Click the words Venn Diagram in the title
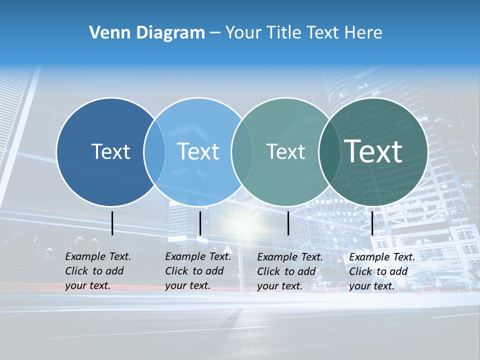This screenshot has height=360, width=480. tap(147, 33)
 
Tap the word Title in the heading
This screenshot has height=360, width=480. tap(283, 33)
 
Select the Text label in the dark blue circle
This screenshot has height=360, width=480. tap(110, 151)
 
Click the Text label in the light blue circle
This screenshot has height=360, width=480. tap(198, 151)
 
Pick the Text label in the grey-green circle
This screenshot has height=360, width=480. tap(285, 151)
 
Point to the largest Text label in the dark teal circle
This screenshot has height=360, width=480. tap(373, 151)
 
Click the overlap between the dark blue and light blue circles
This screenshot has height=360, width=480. tap(154, 151)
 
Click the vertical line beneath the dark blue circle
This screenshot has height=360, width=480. tap(112, 223)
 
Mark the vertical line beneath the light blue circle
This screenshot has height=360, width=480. tap(200, 223)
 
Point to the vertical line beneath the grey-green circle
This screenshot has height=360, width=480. tap(288, 223)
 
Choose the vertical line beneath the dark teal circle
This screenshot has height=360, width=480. tap(372, 223)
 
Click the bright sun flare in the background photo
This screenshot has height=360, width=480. tap(244, 224)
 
